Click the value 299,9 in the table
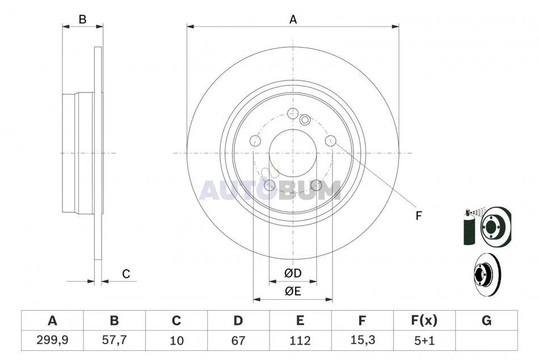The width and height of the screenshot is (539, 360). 52,340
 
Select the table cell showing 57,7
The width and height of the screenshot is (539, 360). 115,340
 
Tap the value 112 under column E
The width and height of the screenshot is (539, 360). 300,340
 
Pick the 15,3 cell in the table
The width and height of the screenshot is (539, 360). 363,340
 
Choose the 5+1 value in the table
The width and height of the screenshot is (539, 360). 424,340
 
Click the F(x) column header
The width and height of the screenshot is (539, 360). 424,320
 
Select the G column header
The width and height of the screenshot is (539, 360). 486,320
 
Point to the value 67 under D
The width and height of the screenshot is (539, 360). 238,340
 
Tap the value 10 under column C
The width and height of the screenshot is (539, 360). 176,340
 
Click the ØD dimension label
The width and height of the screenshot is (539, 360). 293,273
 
